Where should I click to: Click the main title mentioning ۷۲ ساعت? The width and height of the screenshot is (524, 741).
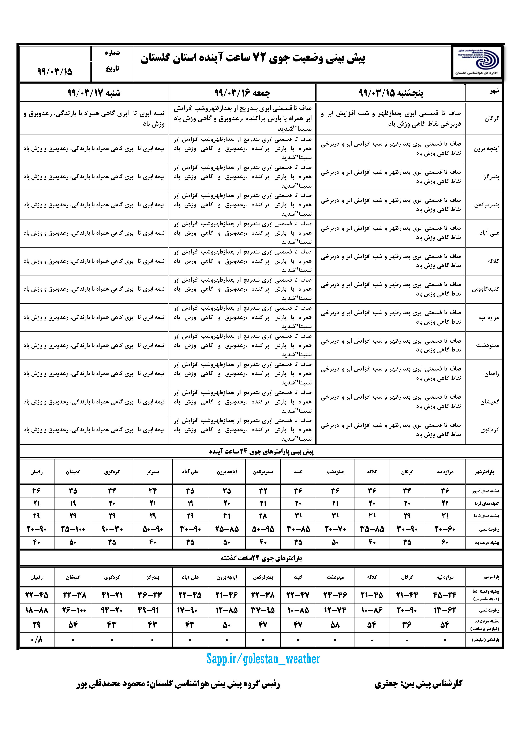(252, 59)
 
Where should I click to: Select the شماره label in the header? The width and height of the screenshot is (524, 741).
(112, 53)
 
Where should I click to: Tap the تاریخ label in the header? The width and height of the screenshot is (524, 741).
(112, 69)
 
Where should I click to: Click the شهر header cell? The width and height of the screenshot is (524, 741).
(494, 91)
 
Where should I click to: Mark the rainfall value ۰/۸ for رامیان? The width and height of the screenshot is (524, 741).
(37, 640)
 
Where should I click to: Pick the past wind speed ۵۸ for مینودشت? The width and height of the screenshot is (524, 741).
(335, 625)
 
